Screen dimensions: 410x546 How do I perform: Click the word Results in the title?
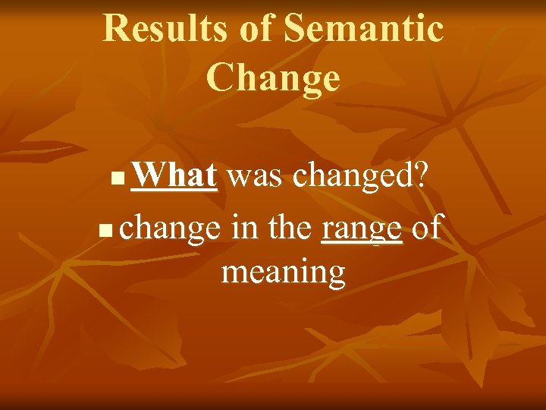[164, 28]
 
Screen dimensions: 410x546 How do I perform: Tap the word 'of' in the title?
[256, 28]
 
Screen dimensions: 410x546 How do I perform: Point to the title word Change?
[273, 77]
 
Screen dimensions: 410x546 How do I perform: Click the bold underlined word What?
[174, 177]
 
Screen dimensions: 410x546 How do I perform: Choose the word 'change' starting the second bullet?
[171, 228]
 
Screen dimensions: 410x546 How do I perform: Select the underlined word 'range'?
[362, 228]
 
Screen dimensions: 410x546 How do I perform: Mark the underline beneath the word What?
[174, 191]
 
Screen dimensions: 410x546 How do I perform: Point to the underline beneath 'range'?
[362, 242]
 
